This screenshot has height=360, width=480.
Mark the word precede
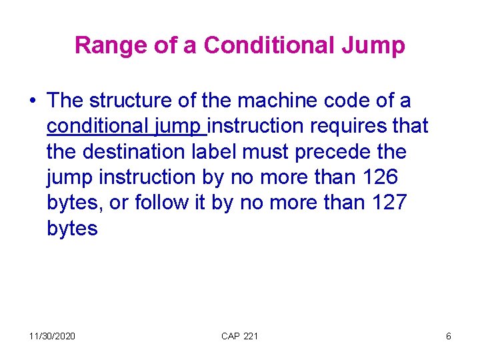331,151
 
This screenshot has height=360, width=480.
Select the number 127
385,202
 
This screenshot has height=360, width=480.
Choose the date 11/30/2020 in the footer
53,336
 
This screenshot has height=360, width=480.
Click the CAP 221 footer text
239,336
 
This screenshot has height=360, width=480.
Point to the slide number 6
449,336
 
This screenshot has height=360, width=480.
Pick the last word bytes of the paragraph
73,228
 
